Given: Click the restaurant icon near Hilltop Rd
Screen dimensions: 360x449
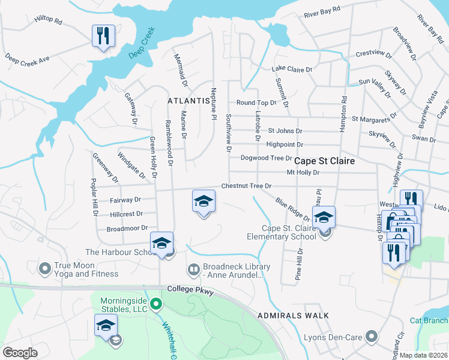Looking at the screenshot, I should point(103,36).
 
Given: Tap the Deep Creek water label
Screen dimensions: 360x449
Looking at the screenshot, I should point(142,42).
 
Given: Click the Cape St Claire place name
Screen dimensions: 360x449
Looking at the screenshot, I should point(324,161).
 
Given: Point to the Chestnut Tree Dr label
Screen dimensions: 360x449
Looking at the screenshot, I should point(247,186).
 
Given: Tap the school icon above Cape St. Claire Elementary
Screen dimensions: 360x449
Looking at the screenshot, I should point(324,217).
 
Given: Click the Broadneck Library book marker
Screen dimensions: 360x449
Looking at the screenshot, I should point(193,269).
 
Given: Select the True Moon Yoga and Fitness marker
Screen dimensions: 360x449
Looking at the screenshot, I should point(44,268).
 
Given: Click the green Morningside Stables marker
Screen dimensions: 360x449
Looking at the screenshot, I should point(156,304).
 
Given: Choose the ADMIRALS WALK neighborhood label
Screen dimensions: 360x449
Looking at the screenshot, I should point(292,316).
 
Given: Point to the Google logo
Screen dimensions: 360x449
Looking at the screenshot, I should point(20,352).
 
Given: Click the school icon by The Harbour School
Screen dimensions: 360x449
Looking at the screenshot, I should point(161,242).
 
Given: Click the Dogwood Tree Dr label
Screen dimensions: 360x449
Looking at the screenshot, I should point(266,158).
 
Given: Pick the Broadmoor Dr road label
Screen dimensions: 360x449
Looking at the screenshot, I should point(127,228).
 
